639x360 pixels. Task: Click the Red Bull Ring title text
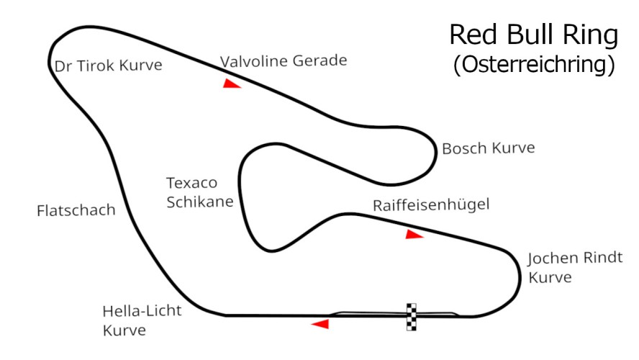click(x=533, y=35)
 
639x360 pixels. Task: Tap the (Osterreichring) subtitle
click(x=533, y=65)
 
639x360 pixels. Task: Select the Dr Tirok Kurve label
click(x=109, y=66)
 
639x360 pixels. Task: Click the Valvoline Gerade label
click(x=284, y=60)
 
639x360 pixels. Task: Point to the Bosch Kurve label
click(x=489, y=148)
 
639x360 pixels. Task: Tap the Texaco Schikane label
click(x=199, y=192)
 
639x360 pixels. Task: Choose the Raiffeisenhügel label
click(x=430, y=204)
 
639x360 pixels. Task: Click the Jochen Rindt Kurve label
click(x=574, y=267)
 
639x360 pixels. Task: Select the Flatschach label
click(x=76, y=210)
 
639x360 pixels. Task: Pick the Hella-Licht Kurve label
click(x=142, y=321)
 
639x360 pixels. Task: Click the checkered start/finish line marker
click(x=412, y=316)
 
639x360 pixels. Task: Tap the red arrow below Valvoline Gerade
click(x=230, y=84)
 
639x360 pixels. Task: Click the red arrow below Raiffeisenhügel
click(x=413, y=234)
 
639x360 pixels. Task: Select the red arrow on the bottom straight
click(x=319, y=324)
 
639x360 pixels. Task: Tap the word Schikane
click(x=199, y=202)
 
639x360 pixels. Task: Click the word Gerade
click(x=317, y=60)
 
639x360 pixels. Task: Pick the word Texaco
click(x=191, y=183)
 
